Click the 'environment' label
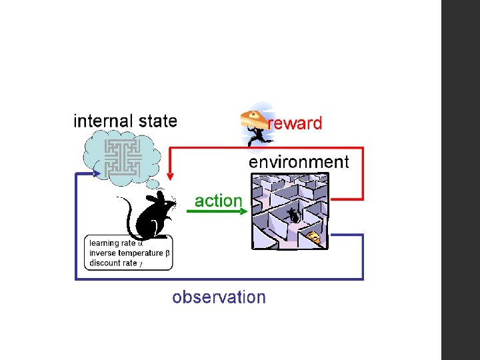pos(299,162)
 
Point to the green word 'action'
pos(218,200)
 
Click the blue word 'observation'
pos(219,297)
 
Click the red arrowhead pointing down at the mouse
pos(170,177)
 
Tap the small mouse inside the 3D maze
pos(293,215)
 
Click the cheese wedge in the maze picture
pos(313,237)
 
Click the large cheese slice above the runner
pos(255,116)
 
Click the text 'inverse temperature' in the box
pos(126,253)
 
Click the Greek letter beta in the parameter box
pos(167,253)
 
